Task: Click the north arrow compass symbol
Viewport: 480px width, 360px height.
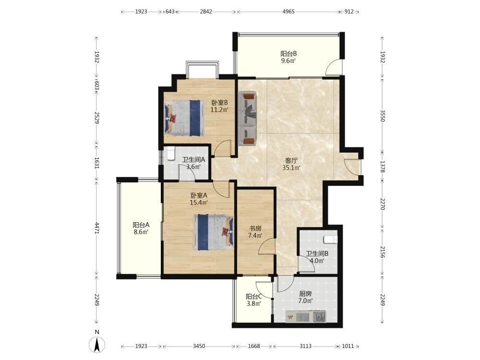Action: (97, 344)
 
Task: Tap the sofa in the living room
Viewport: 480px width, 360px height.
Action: (248, 118)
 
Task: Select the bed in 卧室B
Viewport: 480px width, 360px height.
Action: (184, 118)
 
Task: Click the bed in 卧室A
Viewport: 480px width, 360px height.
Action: (214, 232)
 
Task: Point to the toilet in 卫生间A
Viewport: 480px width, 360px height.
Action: (171, 154)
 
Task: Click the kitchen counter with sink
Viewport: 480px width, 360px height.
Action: (306, 316)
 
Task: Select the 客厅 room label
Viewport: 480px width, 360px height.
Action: (291, 160)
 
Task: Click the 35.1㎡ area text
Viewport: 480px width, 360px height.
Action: (291, 168)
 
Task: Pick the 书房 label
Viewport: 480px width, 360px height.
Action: (255, 228)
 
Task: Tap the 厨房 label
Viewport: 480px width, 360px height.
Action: (305, 294)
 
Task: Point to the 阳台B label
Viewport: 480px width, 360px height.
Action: (288, 54)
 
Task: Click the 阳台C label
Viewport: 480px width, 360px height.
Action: (254, 297)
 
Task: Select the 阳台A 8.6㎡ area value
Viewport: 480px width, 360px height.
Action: (141, 232)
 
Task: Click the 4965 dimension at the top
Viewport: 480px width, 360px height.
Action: (288, 12)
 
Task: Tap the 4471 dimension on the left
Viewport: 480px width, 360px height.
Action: (97, 228)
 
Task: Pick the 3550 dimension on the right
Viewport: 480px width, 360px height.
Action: (383, 116)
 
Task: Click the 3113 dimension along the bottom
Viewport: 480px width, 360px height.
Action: (305, 346)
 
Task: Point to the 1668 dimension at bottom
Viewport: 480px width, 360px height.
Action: (254, 346)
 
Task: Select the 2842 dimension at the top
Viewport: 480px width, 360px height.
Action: (206, 12)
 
